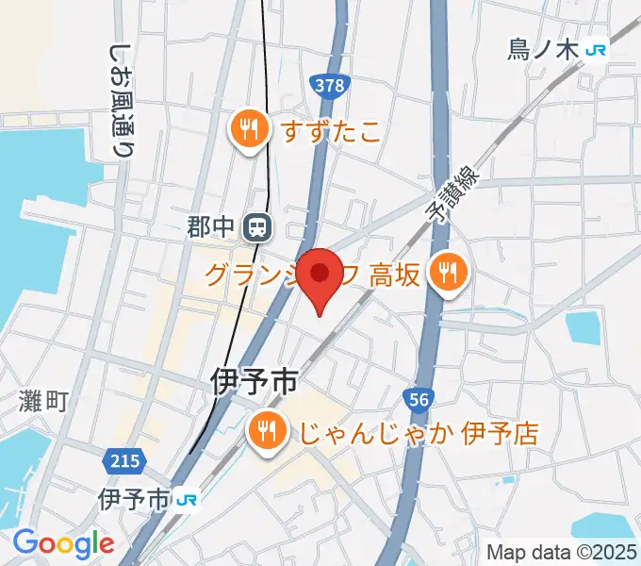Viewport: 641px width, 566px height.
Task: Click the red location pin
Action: tap(320, 276)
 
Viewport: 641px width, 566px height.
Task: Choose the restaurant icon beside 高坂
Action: tap(446, 274)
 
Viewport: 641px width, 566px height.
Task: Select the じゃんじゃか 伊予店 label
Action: tap(419, 433)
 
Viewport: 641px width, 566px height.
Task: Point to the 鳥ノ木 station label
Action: tap(541, 50)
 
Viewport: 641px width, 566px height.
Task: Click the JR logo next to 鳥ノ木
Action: tap(596, 50)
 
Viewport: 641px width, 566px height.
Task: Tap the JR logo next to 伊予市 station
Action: tap(188, 498)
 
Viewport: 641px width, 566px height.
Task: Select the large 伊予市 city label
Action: tap(254, 382)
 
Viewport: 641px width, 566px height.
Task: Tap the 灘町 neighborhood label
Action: tap(44, 402)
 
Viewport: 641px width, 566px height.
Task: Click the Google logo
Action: tap(63, 543)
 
